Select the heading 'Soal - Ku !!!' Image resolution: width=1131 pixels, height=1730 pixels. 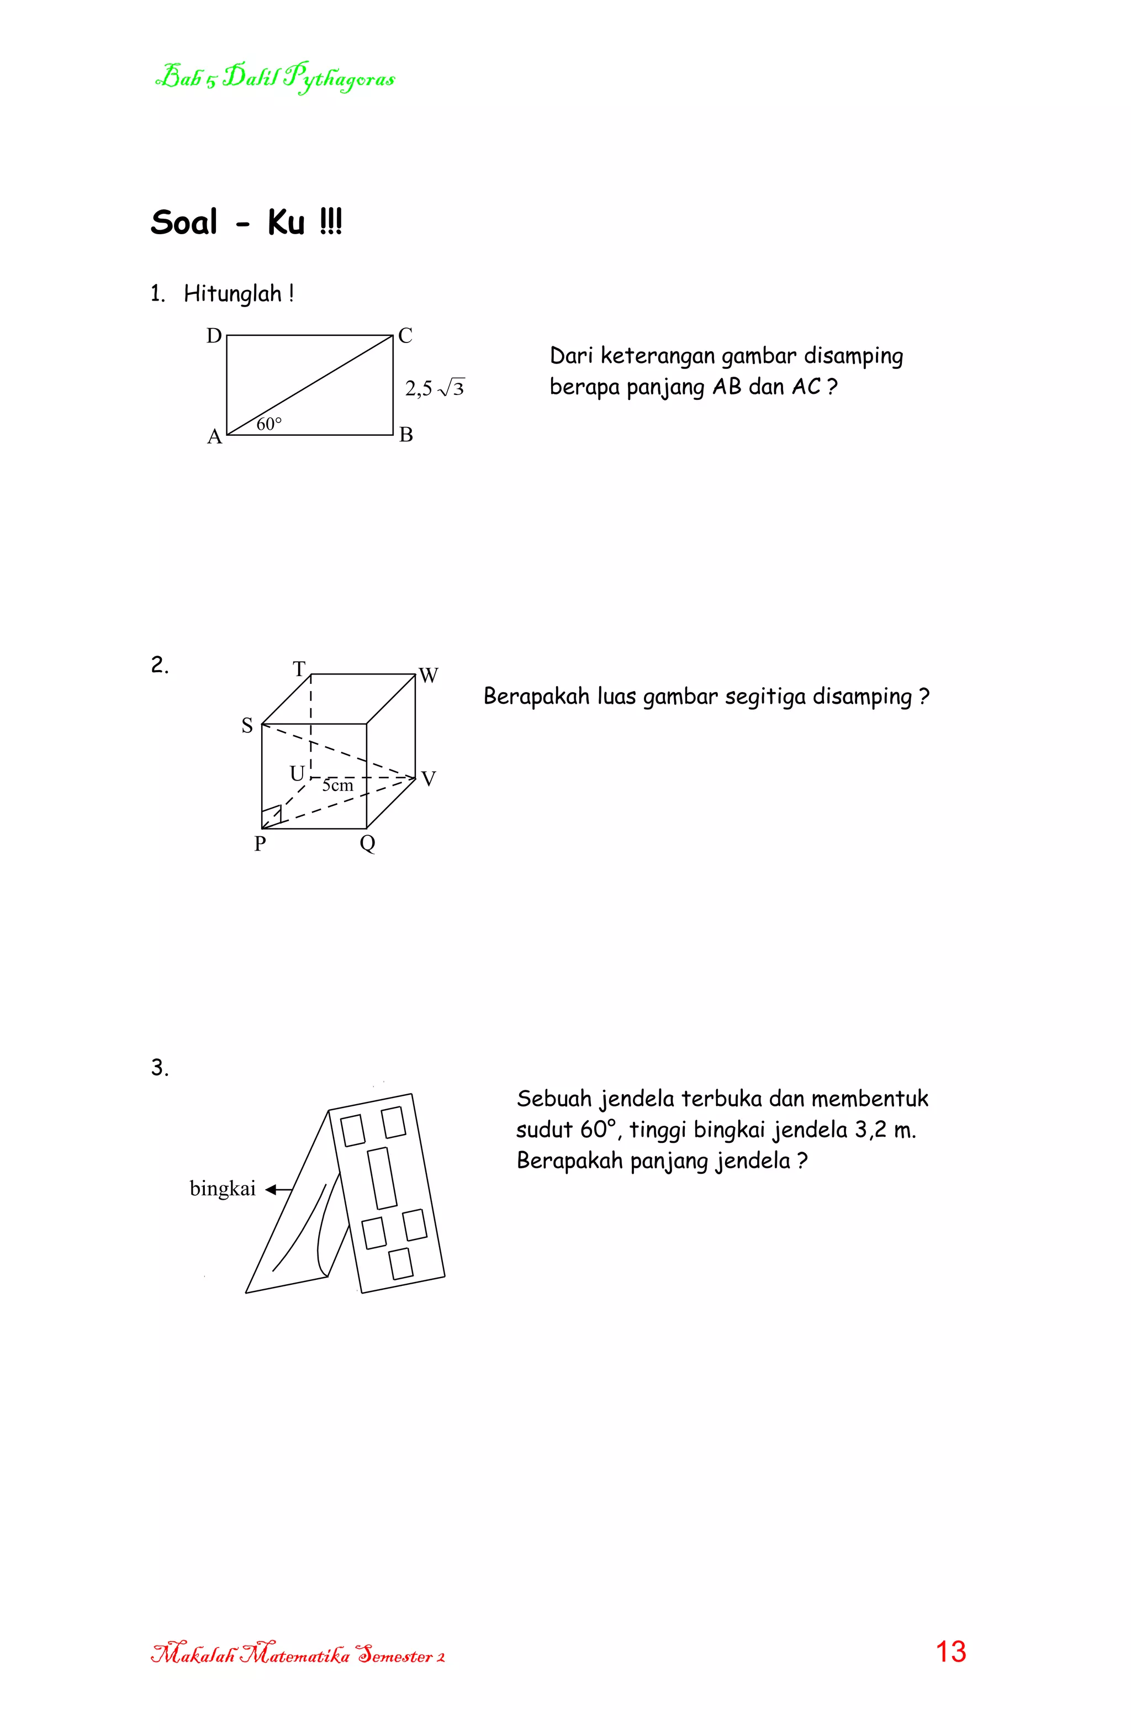tap(246, 223)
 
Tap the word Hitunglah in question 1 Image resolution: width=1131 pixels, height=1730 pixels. tap(232, 294)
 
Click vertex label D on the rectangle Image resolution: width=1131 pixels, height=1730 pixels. tap(214, 336)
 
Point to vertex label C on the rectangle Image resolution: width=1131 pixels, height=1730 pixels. tap(405, 336)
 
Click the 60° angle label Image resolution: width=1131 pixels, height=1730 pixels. tap(269, 424)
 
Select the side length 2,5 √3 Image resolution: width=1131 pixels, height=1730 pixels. tap(434, 389)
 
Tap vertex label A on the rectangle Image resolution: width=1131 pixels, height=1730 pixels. tap(214, 437)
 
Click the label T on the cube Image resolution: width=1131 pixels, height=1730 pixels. tap(299, 669)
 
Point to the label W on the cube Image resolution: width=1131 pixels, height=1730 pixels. tap(429, 676)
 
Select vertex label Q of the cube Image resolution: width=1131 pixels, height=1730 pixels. tap(368, 844)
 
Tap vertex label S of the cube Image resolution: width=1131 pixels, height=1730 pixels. tap(247, 725)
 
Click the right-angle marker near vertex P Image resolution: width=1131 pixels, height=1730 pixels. tap(272, 816)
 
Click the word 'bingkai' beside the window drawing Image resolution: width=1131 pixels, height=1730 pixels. tap(223, 1189)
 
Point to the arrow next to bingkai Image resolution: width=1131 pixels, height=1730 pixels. tap(278, 1189)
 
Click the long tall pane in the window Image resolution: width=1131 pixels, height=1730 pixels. tap(382, 1178)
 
